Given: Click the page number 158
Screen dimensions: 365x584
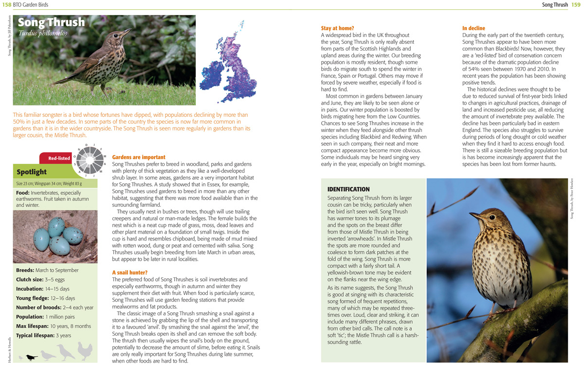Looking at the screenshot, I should click(x=7, y=5).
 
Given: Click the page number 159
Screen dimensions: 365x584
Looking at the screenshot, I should click(x=576, y=5).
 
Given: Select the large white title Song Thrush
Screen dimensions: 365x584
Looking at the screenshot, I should click(x=51, y=22).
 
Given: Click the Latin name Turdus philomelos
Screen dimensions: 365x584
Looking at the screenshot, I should click(x=42, y=34).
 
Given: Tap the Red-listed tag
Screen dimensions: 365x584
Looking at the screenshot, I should click(x=59, y=158).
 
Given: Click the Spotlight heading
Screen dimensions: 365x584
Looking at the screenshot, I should click(x=32, y=172).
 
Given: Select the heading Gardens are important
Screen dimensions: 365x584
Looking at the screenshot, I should click(x=139, y=157).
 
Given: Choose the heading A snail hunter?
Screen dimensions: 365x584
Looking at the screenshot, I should click(x=129, y=273).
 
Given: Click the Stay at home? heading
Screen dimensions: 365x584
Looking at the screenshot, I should click(x=337, y=28).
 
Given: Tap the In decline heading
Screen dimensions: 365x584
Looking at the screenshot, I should click(x=474, y=28).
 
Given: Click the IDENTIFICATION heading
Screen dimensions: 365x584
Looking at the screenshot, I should click(x=348, y=189).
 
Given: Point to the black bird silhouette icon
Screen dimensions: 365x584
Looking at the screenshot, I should click(x=32, y=358).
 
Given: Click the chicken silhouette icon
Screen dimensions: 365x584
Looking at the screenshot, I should click(x=85, y=351).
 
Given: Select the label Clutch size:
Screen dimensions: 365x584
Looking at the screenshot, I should click(x=30, y=280).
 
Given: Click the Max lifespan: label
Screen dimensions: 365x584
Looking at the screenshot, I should click(x=35, y=326).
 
